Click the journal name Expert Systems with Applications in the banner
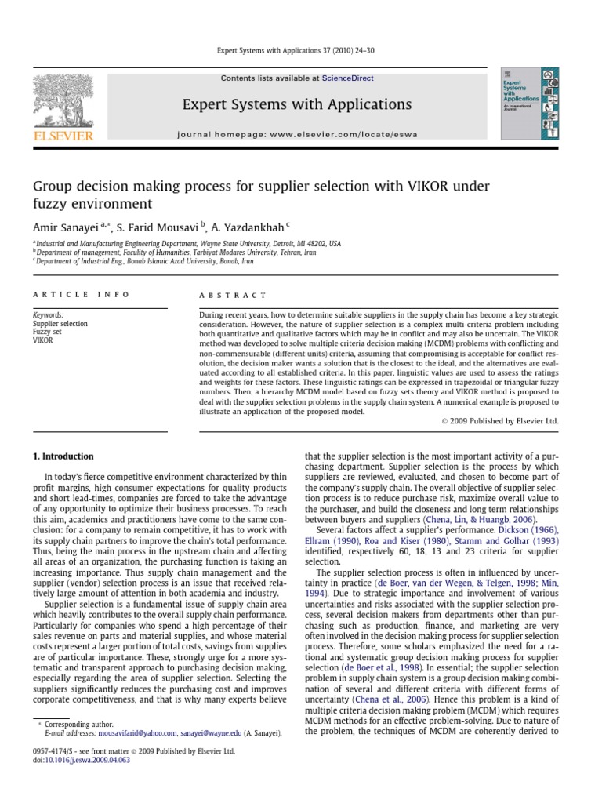tap(297, 104)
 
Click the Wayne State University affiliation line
tap(188, 244)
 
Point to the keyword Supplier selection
tap(60, 323)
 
